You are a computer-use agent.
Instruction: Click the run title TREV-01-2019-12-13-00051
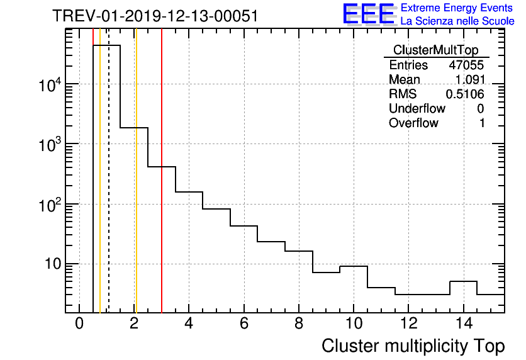click(155, 16)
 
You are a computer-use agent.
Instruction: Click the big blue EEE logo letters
click(368, 14)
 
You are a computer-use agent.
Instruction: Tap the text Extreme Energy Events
click(457, 8)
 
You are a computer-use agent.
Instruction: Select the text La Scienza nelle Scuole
click(457, 21)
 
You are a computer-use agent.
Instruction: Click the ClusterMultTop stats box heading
click(435, 50)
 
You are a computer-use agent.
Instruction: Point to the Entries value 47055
click(466, 65)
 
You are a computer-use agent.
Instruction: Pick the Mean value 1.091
click(469, 80)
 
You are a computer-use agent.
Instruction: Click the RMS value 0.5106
click(465, 94)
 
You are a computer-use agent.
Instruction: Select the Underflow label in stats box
click(417, 109)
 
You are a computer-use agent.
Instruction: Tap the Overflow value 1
click(481, 123)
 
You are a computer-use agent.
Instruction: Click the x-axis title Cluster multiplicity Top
click(413, 346)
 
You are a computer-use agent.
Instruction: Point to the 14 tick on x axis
click(464, 323)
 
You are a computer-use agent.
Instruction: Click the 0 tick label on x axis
click(79, 323)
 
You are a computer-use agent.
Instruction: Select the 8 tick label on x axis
click(299, 323)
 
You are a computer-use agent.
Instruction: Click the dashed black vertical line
click(109, 189)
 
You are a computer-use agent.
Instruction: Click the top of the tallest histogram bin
click(106, 45)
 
